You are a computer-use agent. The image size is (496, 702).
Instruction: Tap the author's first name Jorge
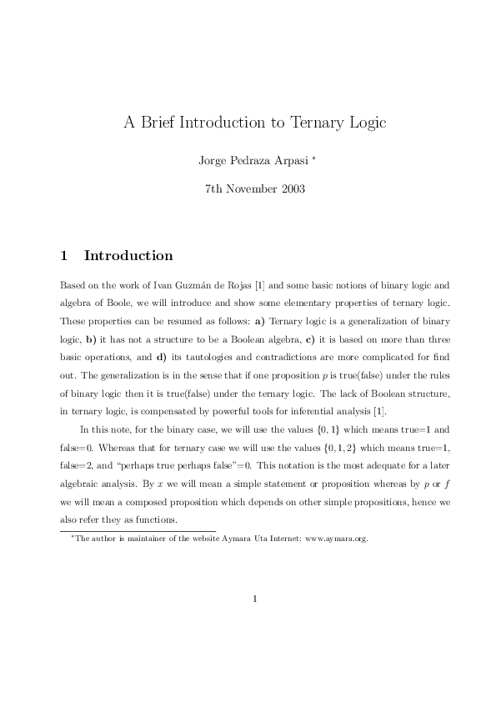click(x=212, y=160)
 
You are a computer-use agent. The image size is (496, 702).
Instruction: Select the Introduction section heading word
click(x=128, y=256)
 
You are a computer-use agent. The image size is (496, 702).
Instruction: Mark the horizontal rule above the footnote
click(x=138, y=530)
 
